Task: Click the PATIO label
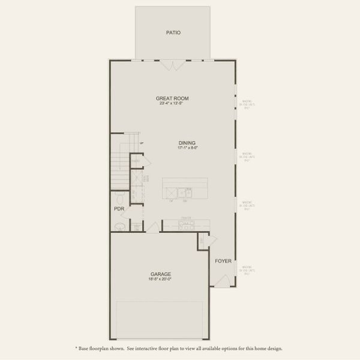(173, 33)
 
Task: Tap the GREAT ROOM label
(172, 98)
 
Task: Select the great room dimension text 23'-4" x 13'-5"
(172, 103)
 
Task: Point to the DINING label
(187, 143)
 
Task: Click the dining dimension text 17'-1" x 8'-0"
(187, 148)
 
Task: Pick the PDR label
(119, 209)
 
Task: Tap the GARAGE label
(160, 274)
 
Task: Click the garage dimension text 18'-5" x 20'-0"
(160, 279)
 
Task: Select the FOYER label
(223, 261)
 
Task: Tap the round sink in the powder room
(119, 226)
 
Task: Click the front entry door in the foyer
(224, 280)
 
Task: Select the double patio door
(173, 64)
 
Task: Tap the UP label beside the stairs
(142, 143)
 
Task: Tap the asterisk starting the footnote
(77, 348)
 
